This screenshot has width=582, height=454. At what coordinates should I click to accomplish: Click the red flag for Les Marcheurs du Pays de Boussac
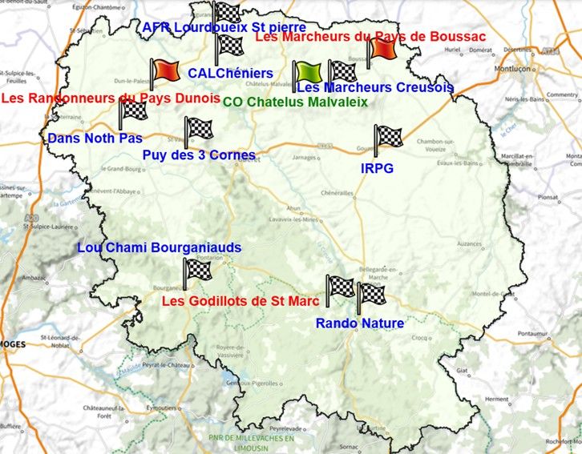point(382,50)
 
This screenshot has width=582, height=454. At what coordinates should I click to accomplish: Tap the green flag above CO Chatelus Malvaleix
point(305,73)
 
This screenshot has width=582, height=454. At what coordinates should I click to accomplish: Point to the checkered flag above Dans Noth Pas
point(132,111)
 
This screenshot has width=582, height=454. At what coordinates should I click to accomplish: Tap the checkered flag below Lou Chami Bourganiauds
point(196,270)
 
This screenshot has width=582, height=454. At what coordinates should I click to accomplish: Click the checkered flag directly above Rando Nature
point(370,295)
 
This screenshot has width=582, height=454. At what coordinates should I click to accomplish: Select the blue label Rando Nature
point(359,323)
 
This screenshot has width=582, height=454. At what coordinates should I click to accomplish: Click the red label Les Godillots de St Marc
point(240,301)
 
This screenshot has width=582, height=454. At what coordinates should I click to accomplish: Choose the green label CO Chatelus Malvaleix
point(294,102)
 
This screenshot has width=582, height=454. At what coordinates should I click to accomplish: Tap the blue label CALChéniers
point(230,73)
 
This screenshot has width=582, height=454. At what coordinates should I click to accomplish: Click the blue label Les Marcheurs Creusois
point(375,87)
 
